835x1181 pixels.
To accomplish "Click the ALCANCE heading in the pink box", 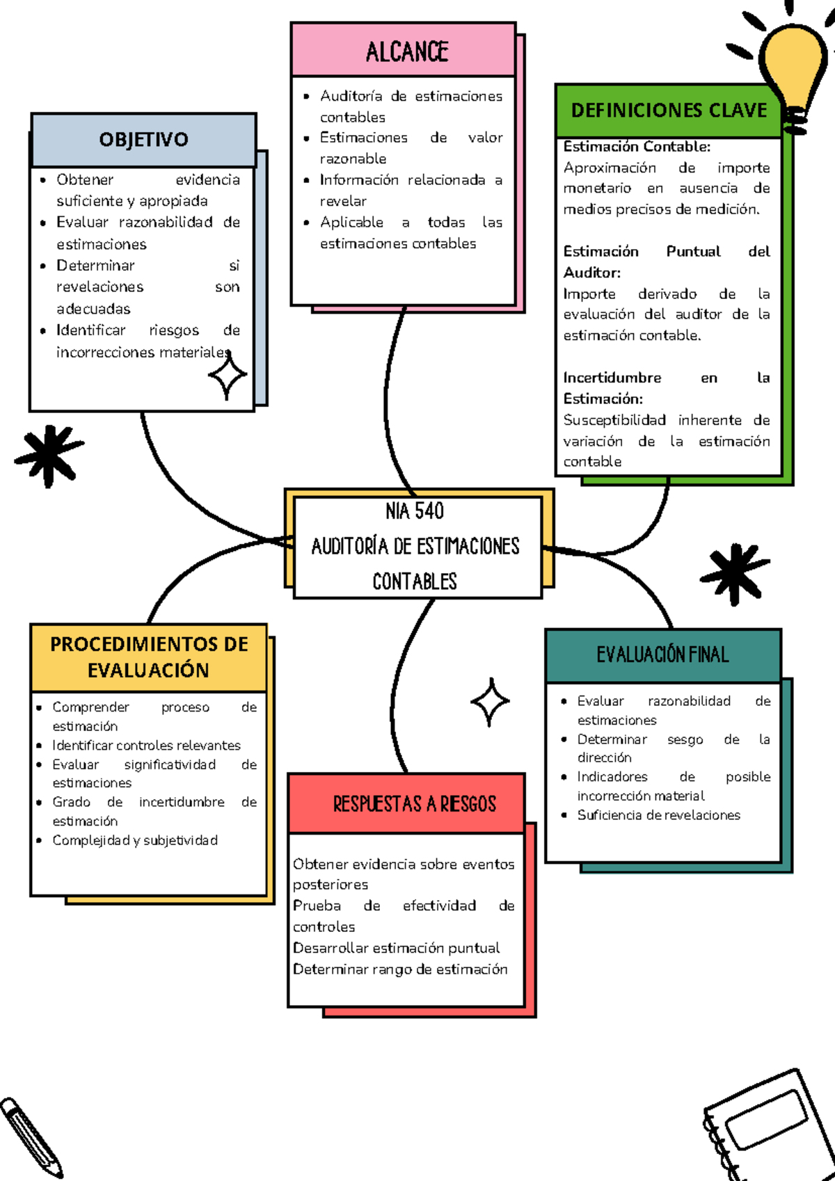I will (x=406, y=52).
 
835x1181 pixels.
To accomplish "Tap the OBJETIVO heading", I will (x=143, y=140).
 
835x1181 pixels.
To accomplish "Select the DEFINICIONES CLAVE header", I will (x=669, y=111).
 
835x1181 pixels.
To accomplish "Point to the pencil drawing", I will (x=31, y=1136).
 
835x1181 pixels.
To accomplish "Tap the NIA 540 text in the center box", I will (x=415, y=511).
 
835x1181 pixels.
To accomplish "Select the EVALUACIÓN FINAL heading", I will (x=662, y=654).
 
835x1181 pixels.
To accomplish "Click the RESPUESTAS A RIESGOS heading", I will (x=414, y=804).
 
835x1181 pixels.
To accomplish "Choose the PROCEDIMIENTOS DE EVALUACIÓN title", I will (x=149, y=657).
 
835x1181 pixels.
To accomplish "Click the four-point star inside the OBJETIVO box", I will (x=227, y=376).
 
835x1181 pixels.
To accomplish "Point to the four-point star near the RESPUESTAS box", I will (x=490, y=702).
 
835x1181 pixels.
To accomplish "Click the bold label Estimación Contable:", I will (x=637, y=147).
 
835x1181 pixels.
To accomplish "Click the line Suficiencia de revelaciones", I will (x=658, y=815).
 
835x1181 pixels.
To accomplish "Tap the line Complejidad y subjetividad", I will (x=135, y=840).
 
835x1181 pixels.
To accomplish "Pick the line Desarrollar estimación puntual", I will (x=396, y=948).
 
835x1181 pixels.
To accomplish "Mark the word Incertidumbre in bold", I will (x=612, y=378).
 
